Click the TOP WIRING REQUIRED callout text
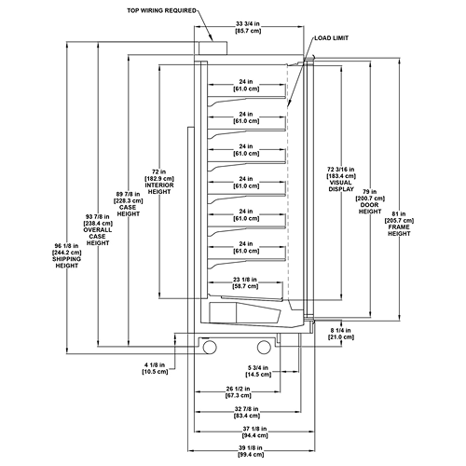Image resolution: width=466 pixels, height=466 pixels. pyautogui.click(x=161, y=11)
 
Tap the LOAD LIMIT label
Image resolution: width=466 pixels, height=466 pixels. pyautogui.click(x=332, y=38)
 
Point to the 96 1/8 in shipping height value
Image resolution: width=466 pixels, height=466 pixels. pyautogui.click(x=67, y=246)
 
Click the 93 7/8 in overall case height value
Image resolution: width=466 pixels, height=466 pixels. pyautogui.click(x=98, y=216)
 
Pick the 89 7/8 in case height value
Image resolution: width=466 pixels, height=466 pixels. pyautogui.click(x=128, y=194)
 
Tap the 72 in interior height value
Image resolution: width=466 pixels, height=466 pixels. pyautogui.click(x=159, y=171)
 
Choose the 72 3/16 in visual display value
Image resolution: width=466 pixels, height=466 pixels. pyautogui.click(x=341, y=170)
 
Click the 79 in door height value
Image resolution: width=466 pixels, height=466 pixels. pyautogui.click(x=370, y=192)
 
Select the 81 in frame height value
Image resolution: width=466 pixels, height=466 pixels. pyautogui.click(x=399, y=214)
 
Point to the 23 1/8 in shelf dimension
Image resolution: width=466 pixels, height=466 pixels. pyautogui.click(x=245, y=280)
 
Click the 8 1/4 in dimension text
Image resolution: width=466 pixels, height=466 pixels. pyautogui.click(x=341, y=330)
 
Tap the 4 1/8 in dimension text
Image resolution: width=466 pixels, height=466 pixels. pyautogui.click(x=155, y=365)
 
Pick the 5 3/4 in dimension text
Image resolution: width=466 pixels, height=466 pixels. pyautogui.click(x=258, y=368)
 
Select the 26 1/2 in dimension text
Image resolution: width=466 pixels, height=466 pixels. pyautogui.click(x=238, y=389)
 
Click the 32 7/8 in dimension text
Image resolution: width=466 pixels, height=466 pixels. pyautogui.click(x=246, y=409)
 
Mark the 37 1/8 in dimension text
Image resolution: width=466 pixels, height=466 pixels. pyautogui.click(x=254, y=429)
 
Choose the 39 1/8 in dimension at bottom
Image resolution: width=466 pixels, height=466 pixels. pyautogui.click(x=251, y=448)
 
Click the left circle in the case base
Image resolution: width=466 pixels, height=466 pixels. pyautogui.click(x=210, y=347)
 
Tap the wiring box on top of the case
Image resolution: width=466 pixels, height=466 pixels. pyautogui.click(x=213, y=48)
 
